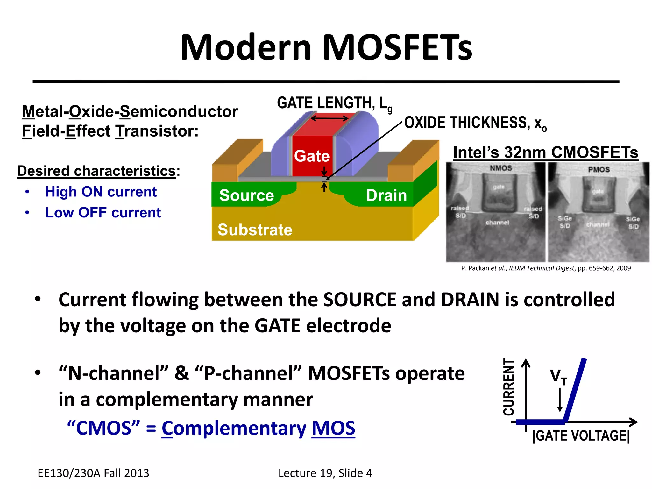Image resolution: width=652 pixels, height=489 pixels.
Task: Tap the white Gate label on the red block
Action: click(311, 156)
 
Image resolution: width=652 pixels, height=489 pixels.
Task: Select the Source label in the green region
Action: click(246, 195)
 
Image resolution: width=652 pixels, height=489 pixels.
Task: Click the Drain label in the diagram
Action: click(386, 195)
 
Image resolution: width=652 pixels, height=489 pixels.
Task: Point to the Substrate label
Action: click(255, 230)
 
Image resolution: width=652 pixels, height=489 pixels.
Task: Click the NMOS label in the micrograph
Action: click(500, 168)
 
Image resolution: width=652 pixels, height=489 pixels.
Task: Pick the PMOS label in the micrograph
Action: click(599, 169)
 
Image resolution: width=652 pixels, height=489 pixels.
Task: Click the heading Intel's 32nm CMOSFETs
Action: click(545, 152)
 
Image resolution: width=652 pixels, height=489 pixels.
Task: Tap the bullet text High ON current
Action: click(101, 192)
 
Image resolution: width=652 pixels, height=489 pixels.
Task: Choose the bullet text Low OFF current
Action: click(103, 212)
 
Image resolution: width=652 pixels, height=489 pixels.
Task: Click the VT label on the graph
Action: click(558, 377)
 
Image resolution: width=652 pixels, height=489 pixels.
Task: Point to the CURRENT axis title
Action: click(508, 387)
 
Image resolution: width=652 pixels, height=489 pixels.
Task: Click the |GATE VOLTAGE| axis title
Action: click(581, 436)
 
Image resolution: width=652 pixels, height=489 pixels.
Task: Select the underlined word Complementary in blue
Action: click(234, 428)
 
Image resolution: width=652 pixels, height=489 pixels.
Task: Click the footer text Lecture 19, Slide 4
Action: click(325, 473)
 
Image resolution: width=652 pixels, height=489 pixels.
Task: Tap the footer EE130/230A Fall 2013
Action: click(93, 473)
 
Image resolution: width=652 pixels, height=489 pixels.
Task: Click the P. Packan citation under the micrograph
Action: click(546, 268)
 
